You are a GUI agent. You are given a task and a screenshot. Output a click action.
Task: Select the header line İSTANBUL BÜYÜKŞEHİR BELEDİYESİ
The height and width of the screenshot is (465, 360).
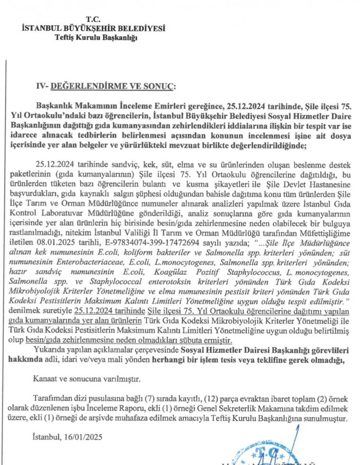click(x=94, y=28)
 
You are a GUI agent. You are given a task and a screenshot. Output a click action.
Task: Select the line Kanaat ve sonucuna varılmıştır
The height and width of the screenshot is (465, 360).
click(x=87, y=379)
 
